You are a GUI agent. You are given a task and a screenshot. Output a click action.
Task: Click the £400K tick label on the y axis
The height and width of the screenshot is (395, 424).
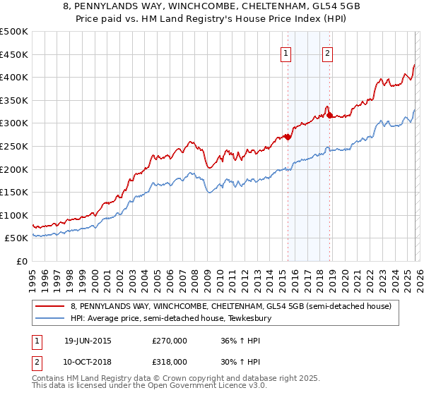(x=14, y=78)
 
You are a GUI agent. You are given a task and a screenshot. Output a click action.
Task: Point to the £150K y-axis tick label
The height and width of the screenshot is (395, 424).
(x=14, y=192)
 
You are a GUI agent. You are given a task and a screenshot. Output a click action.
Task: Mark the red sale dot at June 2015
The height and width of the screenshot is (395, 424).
(x=287, y=138)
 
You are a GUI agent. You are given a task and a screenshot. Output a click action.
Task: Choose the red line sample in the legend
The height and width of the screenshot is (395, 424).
(x=51, y=306)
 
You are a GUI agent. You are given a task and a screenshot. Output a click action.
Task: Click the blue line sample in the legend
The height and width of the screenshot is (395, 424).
(x=51, y=318)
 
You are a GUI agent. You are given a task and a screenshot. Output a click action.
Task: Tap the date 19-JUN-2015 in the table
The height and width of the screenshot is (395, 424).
(x=88, y=341)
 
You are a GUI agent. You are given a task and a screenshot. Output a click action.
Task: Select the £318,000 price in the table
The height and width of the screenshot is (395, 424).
(x=170, y=361)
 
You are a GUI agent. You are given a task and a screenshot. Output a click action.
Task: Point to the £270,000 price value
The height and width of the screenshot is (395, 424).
(x=170, y=341)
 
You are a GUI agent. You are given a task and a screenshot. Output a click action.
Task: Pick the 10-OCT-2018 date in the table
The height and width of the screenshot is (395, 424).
(x=88, y=361)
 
